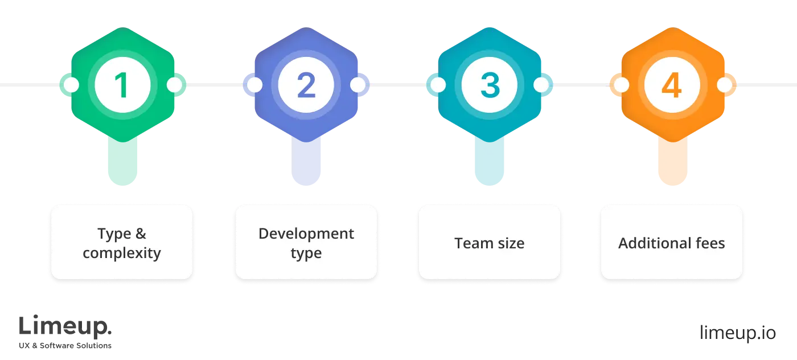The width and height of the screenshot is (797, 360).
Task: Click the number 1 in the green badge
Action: (122, 85)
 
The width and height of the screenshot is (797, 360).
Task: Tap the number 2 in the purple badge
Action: (306, 85)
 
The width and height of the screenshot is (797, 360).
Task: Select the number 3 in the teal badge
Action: (489, 85)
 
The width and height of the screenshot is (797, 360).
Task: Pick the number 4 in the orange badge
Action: (672, 85)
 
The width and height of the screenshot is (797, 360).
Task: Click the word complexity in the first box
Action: (122, 253)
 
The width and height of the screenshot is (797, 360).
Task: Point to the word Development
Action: (306, 234)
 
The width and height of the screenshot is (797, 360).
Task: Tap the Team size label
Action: (489, 243)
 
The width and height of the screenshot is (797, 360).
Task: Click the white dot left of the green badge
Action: (71, 85)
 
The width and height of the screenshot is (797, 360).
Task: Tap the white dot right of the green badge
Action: (174, 85)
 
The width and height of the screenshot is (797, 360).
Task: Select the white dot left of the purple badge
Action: (254, 85)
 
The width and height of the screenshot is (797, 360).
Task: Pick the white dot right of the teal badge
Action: (541, 85)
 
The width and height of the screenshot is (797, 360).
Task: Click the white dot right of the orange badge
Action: (724, 85)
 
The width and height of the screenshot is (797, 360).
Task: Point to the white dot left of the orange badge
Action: (621, 85)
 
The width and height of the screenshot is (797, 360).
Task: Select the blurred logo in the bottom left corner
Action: (66, 331)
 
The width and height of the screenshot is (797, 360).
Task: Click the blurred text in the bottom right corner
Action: (737, 333)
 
